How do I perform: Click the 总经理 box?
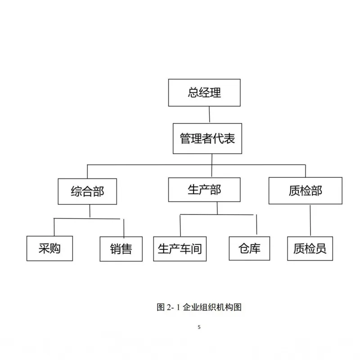[204, 93]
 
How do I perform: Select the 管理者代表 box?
[207, 139]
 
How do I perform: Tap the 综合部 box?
[87, 192]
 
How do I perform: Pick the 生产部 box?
[204, 189]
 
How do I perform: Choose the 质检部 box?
[306, 190]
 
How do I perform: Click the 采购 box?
[49, 248]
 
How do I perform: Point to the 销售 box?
[121, 249]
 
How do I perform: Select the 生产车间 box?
[180, 249]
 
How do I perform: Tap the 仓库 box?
[249, 248]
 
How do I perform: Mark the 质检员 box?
[310, 248]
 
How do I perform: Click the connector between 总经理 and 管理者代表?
[209, 115]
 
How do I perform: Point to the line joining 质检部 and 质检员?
[310, 220]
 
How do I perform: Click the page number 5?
[199, 327]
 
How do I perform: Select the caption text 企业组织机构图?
[212, 307]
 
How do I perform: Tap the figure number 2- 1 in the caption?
[173, 307]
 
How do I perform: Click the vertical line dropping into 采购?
[54, 227]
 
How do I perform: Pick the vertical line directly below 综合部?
[90, 211]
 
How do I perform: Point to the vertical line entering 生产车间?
[180, 225]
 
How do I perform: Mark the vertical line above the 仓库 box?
[256, 224]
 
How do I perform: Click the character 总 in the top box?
[193, 93]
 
